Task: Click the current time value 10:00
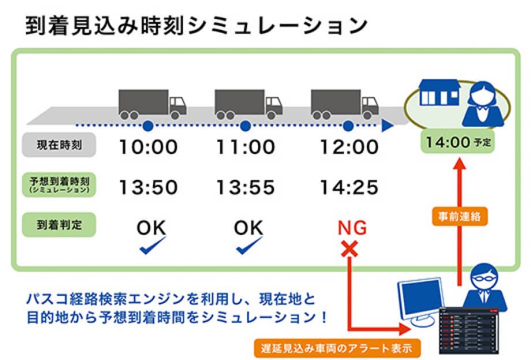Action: tap(148, 147)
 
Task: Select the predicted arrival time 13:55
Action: tap(245, 187)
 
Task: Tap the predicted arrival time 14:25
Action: tap(349, 187)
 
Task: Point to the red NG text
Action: tap(352, 228)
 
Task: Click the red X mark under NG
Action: tap(349, 249)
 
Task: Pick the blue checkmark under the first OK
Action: tap(152, 245)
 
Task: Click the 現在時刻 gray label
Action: tap(59, 145)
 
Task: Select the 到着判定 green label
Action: tap(59, 224)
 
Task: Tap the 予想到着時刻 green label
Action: tap(59, 185)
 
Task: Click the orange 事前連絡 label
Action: tap(459, 216)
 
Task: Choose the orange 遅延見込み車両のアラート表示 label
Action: tap(337, 348)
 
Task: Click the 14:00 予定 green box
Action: tap(458, 142)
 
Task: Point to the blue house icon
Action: tap(439, 92)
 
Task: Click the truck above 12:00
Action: tap(345, 104)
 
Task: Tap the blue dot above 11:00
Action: tap(245, 126)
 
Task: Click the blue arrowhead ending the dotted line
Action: tap(387, 126)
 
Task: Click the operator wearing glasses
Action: tap(485, 288)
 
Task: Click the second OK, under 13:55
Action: tap(248, 228)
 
